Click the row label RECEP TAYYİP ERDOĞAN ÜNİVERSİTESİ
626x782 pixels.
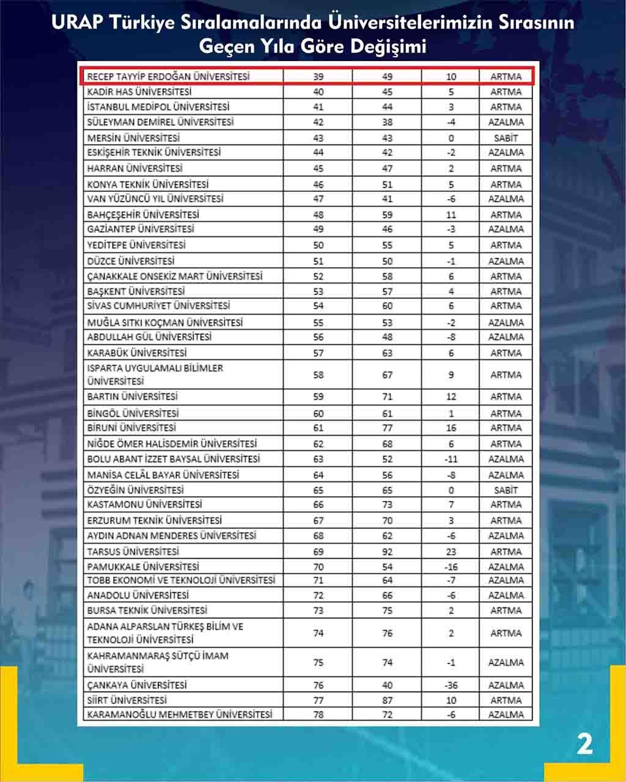click(168, 76)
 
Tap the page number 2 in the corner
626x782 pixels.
click(584, 745)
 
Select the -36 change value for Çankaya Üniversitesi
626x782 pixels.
click(451, 685)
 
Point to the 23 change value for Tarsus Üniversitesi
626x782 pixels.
click(451, 552)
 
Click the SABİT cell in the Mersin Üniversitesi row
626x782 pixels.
click(506, 138)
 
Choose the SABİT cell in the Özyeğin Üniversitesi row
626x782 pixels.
click(506, 490)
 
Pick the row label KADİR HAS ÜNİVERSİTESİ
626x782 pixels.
click(139, 92)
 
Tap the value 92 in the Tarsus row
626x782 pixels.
click(388, 552)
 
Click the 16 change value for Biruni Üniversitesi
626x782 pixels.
click(451, 428)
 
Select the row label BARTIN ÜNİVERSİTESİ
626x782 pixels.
click(133, 396)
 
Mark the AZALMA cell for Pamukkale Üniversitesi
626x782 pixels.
click(506, 567)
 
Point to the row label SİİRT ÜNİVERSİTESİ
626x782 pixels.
click(127, 700)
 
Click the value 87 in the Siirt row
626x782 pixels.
click(388, 700)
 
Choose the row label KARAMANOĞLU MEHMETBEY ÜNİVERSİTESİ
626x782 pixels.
click(180, 714)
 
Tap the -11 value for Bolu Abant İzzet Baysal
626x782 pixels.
click(451, 459)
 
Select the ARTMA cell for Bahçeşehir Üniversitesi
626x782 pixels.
click(506, 214)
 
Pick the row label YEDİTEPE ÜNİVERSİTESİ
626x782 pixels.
click(136, 245)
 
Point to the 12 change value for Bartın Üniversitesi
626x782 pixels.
click(451, 396)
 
